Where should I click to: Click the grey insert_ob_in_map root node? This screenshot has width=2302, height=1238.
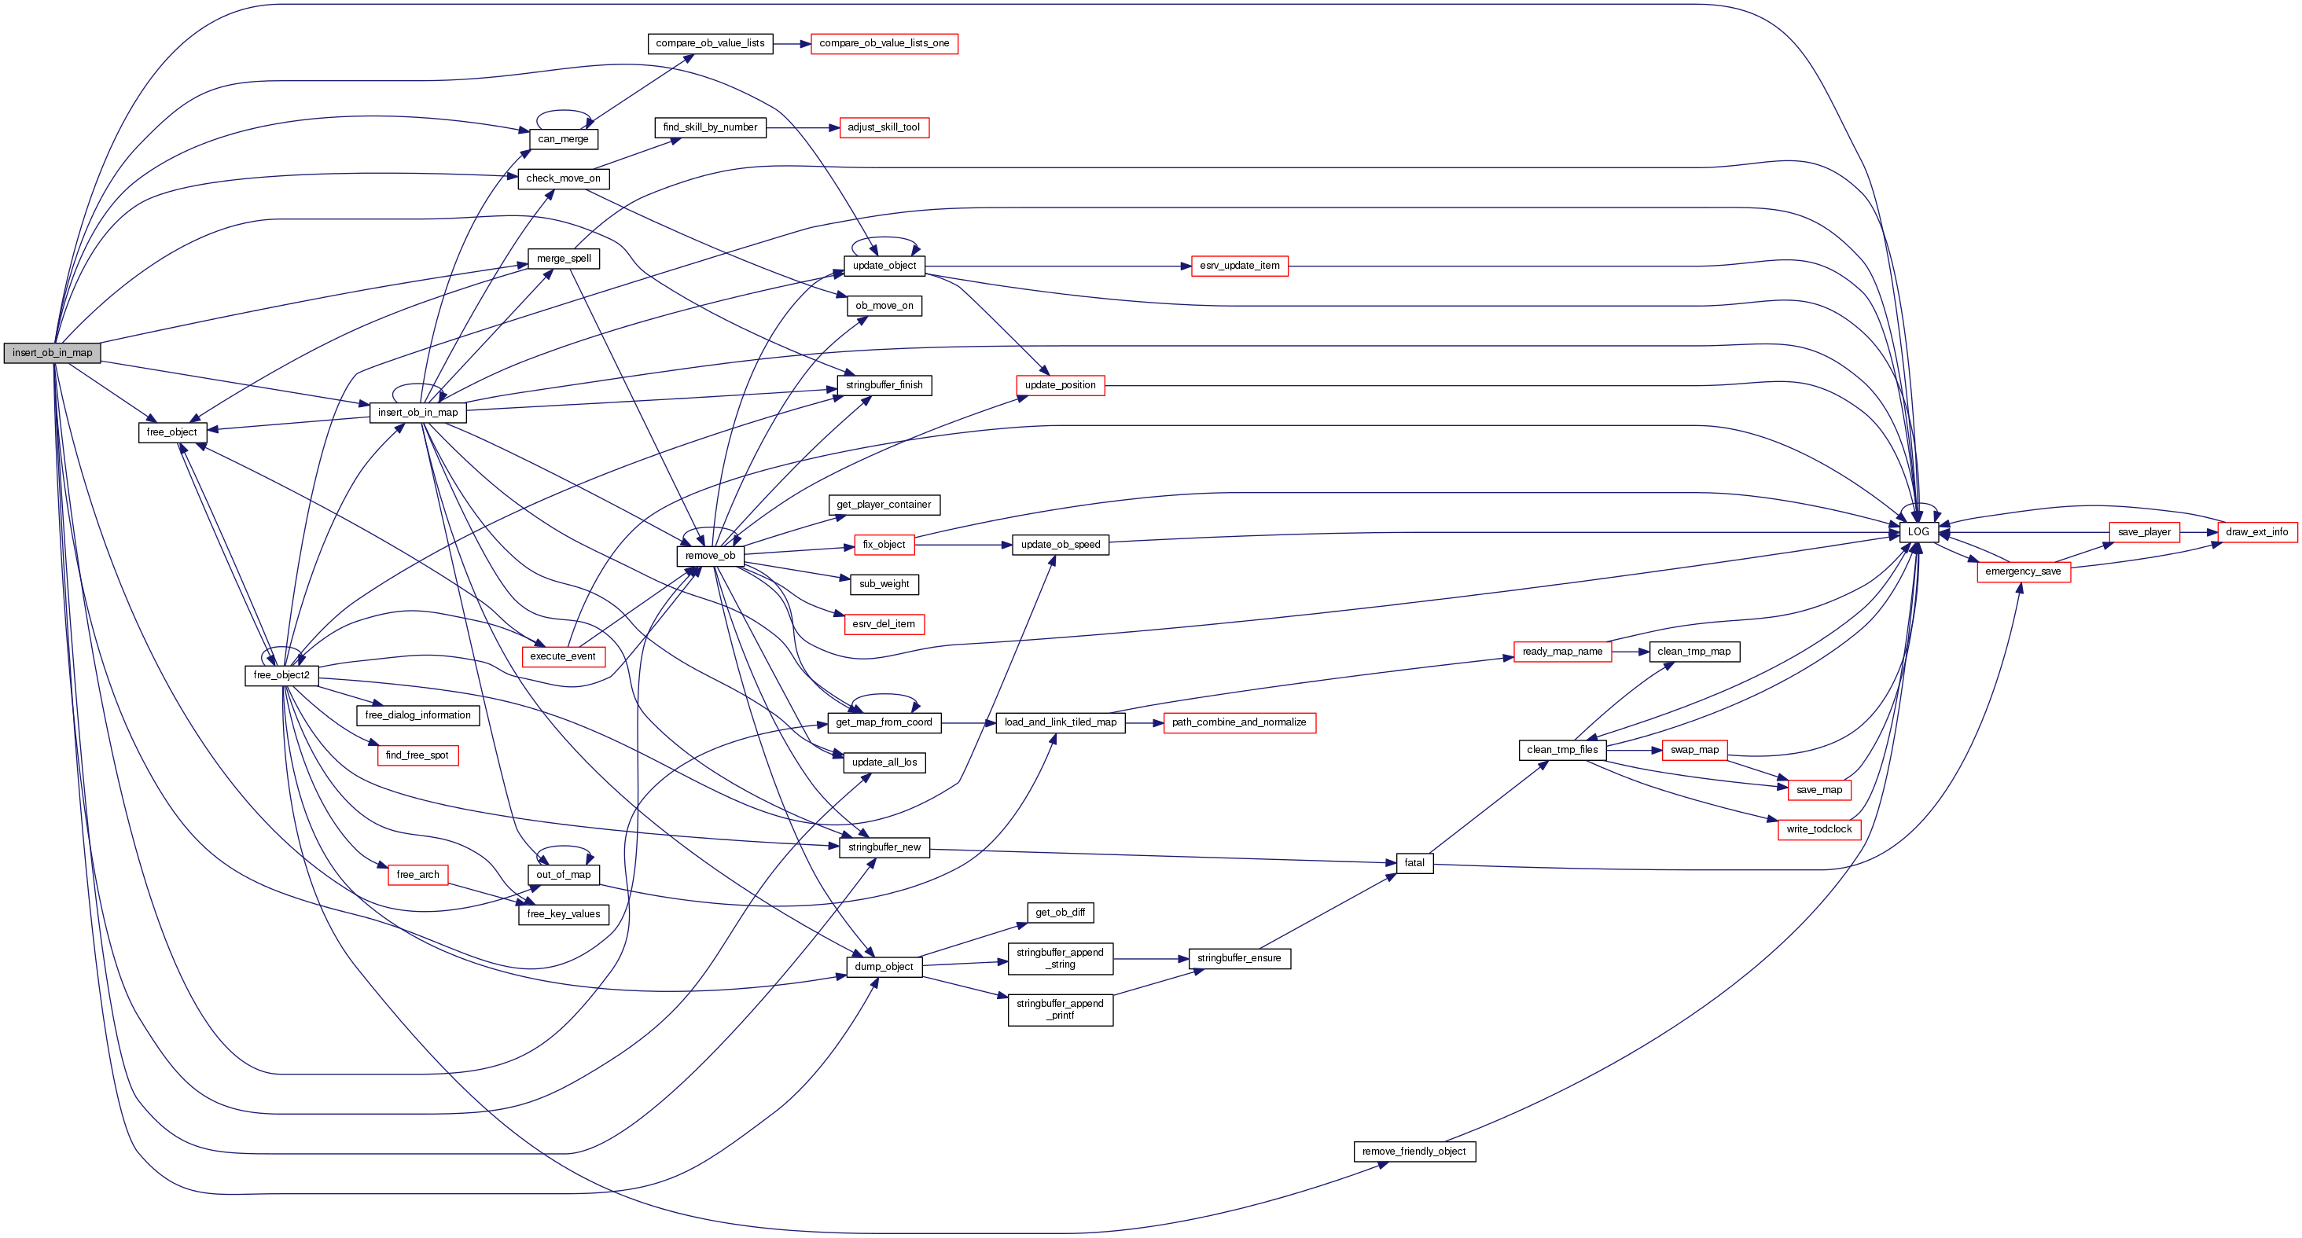pyautogui.click(x=52, y=353)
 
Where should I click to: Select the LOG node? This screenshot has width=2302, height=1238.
pyautogui.click(x=1918, y=531)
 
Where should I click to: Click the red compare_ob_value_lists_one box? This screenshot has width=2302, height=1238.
pyautogui.click(x=884, y=44)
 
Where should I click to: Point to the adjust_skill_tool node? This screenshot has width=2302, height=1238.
pyautogui.click(x=883, y=127)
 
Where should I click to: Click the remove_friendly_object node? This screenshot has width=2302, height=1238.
pyautogui.click(x=1414, y=1152)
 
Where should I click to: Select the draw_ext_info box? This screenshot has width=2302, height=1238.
pyautogui.click(x=2256, y=532)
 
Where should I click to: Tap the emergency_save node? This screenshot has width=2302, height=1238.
pyautogui.click(x=2022, y=571)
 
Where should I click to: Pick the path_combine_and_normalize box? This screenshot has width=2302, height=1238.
pyautogui.click(x=1238, y=722)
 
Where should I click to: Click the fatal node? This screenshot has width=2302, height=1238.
pyautogui.click(x=1414, y=863)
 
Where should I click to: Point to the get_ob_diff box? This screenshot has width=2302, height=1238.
pyautogui.click(x=1060, y=913)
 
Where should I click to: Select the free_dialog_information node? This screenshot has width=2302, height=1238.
pyautogui.click(x=417, y=715)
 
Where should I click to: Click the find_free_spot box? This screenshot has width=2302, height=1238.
pyautogui.click(x=417, y=755)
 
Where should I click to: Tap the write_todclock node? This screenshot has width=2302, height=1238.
pyautogui.click(x=1818, y=830)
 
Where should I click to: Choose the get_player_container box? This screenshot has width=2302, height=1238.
pyautogui.click(x=884, y=505)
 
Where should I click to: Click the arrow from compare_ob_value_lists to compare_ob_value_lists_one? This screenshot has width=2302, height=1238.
pyautogui.click(x=792, y=44)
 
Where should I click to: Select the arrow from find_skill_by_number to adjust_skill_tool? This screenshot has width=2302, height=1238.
pyautogui.click(x=803, y=127)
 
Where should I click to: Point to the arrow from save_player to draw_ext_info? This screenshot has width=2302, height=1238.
pyautogui.click(x=2198, y=532)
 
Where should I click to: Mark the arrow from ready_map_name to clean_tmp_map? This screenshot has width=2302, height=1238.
pyautogui.click(x=1630, y=652)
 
